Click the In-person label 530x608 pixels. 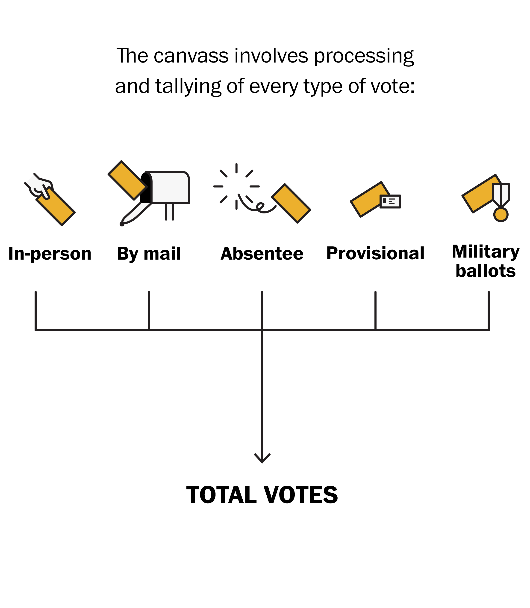tap(50, 254)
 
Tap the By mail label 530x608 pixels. tap(149, 254)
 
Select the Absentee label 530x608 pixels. tap(262, 254)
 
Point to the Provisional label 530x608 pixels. tap(375, 254)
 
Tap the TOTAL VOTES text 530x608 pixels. tap(262, 495)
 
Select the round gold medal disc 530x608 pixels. tap(501, 214)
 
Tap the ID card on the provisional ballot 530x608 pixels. tap(390, 201)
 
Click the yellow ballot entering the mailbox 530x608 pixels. tap(127, 180)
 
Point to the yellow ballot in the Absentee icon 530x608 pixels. tap(291, 203)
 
